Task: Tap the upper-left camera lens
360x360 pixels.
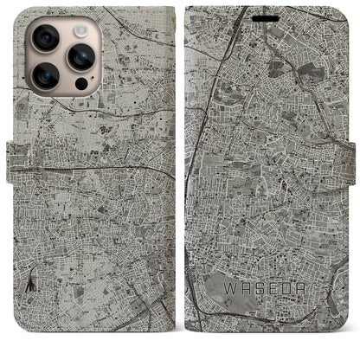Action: tap(45, 38)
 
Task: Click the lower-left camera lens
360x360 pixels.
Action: tap(45, 77)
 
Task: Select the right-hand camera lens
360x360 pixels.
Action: tap(80, 57)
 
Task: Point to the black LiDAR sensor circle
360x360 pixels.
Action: tap(81, 85)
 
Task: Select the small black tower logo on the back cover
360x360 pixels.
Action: tap(32, 255)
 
